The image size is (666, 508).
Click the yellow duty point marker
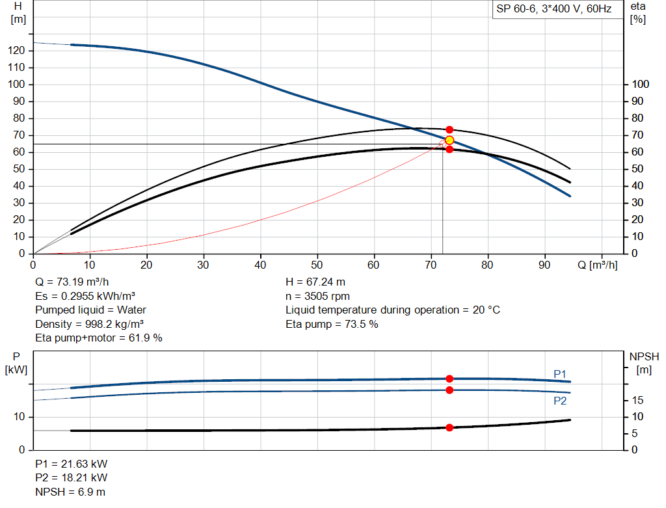449,140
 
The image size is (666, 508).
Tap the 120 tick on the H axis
18,51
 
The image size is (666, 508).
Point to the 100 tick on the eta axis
640,85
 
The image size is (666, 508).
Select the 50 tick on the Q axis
317,265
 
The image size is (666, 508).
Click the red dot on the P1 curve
449,379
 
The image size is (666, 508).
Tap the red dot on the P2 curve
449,390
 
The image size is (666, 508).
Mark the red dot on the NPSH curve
449,427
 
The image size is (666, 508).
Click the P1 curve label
560,373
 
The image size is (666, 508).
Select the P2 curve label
560,401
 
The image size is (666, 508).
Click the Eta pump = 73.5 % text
332,324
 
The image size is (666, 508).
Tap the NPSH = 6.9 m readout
70,492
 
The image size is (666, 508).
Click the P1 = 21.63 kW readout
72,464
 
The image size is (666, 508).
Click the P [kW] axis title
18,363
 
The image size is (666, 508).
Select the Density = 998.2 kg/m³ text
90,324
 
